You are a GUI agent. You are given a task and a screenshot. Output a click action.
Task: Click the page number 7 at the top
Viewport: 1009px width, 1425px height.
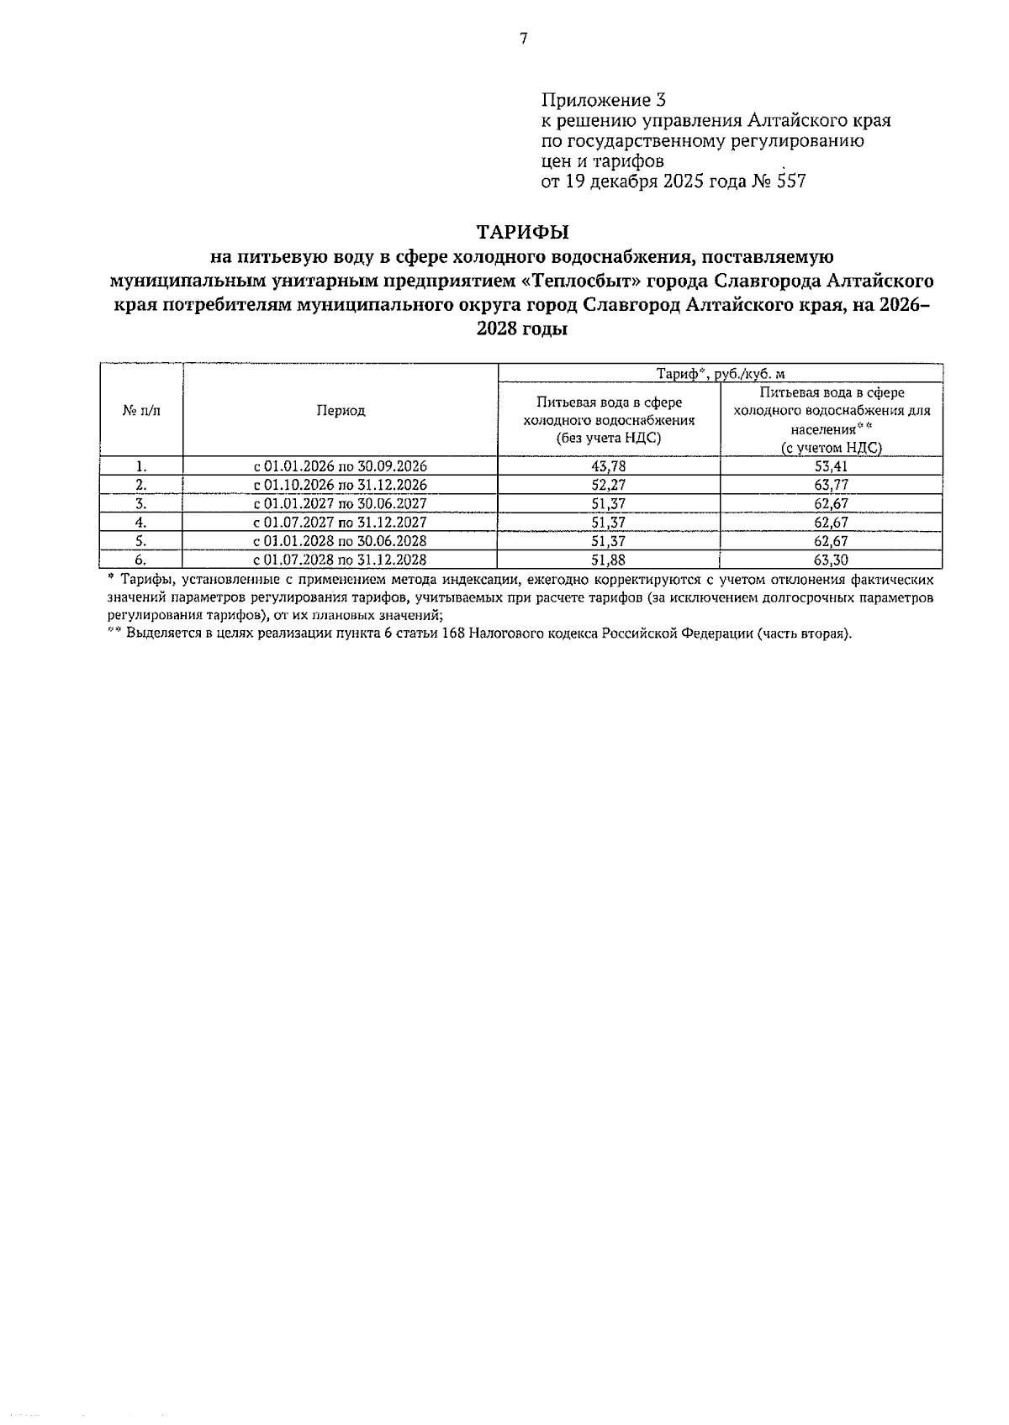click(x=523, y=39)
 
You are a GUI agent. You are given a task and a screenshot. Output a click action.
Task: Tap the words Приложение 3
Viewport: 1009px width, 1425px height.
click(x=603, y=100)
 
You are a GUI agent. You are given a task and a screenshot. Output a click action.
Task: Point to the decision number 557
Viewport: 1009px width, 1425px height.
click(x=790, y=181)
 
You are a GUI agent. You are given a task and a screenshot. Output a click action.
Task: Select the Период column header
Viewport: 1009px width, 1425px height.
click(x=341, y=410)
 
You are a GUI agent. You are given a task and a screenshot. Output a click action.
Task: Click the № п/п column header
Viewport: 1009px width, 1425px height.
click(x=141, y=410)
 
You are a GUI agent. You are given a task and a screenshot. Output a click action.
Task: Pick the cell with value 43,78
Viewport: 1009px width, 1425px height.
click(x=608, y=466)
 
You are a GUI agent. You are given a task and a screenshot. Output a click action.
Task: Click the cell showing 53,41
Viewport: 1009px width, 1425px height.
click(x=831, y=466)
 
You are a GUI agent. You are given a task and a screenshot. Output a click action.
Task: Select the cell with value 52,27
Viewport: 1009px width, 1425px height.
click(x=608, y=485)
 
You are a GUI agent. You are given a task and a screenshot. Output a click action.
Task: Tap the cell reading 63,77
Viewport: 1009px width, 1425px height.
click(x=831, y=485)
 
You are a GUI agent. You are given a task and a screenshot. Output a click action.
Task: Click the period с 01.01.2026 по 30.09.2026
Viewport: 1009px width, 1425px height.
click(x=341, y=466)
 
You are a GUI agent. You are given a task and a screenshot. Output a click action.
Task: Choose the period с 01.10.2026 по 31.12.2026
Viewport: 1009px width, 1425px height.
click(x=341, y=485)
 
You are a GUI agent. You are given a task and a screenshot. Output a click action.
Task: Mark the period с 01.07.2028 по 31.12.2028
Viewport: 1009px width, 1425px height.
click(x=341, y=560)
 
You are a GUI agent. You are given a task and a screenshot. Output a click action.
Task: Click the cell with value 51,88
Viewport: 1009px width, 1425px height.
click(x=608, y=560)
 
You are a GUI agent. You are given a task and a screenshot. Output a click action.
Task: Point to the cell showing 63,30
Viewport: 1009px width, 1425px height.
click(x=831, y=560)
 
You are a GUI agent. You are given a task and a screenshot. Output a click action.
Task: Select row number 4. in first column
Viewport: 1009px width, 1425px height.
click(x=141, y=523)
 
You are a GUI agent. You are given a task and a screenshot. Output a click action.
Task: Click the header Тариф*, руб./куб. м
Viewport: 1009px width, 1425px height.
click(x=720, y=374)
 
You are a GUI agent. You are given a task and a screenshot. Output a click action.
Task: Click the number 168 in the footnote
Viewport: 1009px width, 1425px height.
click(x=454, y=634)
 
